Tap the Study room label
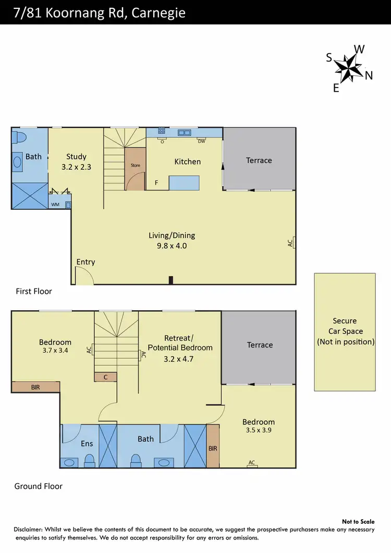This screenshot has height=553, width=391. tap(76, 156)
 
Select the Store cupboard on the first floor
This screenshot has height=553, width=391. tap(135, 169)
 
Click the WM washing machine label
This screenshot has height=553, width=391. tap(55, 205)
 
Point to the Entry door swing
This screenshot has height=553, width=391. tap(83, 276)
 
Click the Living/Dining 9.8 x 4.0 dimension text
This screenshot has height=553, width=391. tap(172, 246)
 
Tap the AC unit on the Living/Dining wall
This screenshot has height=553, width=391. tap(294, 242)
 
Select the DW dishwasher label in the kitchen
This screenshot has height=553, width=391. tap(201, 141)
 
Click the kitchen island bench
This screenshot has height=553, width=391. tap(184, 183)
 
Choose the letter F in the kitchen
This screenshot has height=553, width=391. tap(156, 183)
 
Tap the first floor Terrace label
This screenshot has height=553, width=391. tap(259, 160)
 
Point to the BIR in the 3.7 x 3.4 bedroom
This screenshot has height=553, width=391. tap(35, 387)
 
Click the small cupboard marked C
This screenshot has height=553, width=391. tap(105, 377)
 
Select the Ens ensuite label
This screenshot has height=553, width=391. tap(87, 444)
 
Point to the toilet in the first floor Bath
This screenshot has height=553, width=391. tap(21, 137)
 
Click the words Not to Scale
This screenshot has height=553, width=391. tap(358, 521)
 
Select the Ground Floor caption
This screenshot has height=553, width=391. tap(38, 486)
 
